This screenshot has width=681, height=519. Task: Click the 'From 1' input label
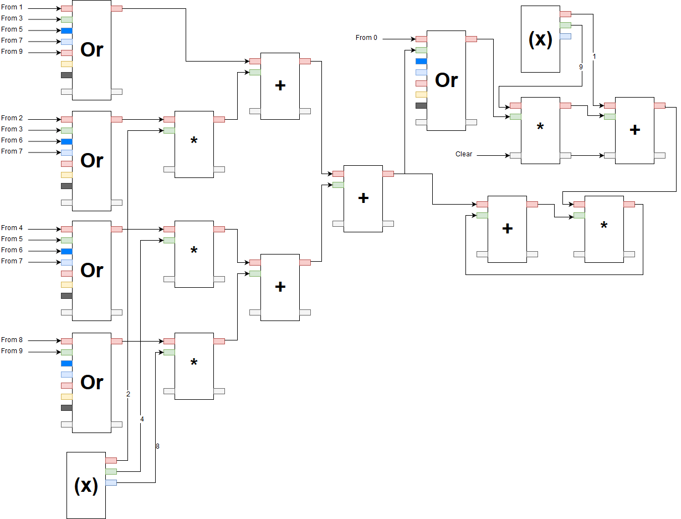click(x=12, y=7)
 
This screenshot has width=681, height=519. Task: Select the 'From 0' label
click(x=366, y=38)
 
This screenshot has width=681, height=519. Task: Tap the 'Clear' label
click(x=464, y=154)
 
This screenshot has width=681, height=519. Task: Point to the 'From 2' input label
click(x=12, y=118)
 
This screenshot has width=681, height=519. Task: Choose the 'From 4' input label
click(x=12, y=228)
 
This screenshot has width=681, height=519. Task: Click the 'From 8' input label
click(x=12, y=340)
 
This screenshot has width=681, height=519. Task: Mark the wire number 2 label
click(x=128, y=394)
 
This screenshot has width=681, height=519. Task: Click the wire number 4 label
click(x=142, y=419)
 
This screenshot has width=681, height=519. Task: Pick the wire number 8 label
click(x=157, y=446)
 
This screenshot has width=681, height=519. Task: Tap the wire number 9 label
click(x=581, y=67)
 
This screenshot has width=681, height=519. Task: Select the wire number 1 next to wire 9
click(x=594, y=56)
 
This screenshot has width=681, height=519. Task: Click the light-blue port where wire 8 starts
click(x=111, y=483)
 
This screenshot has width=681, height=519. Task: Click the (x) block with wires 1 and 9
click(x=540, y=39)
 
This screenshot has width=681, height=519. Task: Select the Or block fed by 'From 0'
click(x=446, y=80)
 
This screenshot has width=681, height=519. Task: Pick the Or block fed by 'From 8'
click(x=91, y=383)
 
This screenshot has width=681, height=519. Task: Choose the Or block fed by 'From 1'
click(x=91, y=50)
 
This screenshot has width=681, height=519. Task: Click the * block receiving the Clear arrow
click(x=540, y=130)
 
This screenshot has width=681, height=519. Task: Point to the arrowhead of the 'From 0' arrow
click(x=414, y=39)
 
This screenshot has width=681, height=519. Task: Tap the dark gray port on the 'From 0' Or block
click(x=421, y=105)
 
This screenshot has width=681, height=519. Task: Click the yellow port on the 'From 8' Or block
click(x=66, y=396)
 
